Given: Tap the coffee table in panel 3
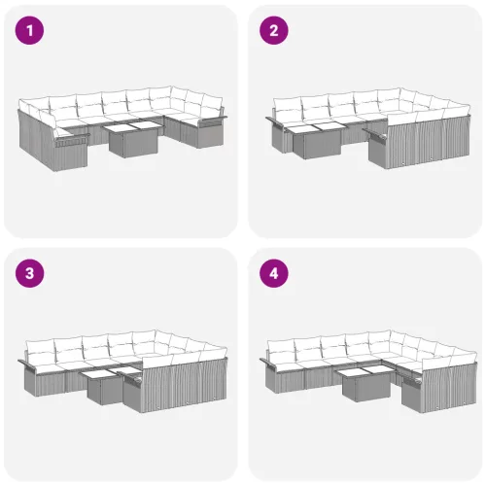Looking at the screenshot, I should click(x=100, y=388).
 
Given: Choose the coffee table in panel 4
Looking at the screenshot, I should click(x=362, y=385).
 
